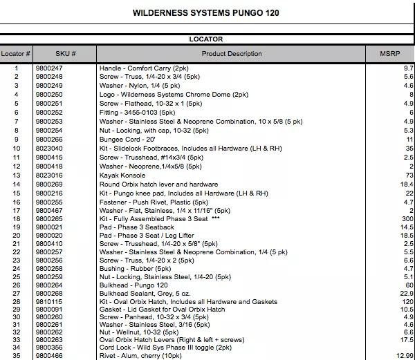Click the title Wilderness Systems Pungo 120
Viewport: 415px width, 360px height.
coord(206,13)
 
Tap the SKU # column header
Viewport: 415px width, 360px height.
coord(65,54)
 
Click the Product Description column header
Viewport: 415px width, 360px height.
coord(232,54)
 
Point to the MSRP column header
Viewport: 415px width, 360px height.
coord(389,54)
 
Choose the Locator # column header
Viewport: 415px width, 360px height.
coord(16,54)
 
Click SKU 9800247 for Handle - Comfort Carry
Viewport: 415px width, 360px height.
coord(49,68)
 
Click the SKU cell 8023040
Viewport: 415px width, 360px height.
coord(49,148)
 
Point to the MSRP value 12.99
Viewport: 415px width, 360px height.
coord(404,354)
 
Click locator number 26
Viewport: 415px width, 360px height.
coord(16,285)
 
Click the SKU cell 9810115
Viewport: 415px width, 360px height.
coord(49,302)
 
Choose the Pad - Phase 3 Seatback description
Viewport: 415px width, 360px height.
coord(136,227)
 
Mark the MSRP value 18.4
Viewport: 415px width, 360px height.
coord(407,184)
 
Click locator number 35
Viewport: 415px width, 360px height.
coord(16,354)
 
